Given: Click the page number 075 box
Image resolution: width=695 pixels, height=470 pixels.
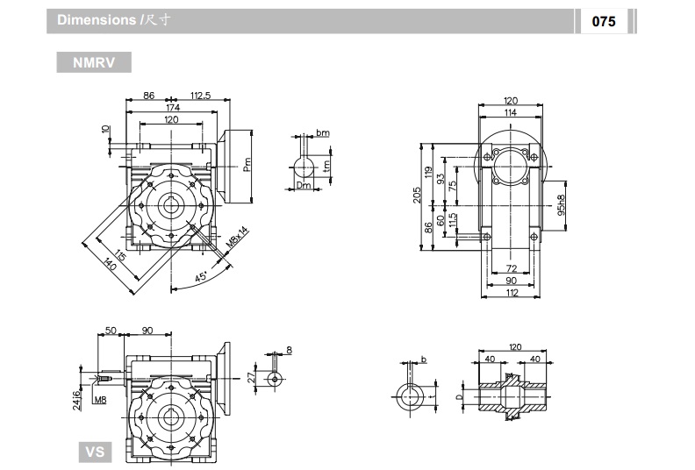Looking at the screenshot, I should coord(604,23).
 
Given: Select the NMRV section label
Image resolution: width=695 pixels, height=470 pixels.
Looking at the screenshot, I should coord(94,62).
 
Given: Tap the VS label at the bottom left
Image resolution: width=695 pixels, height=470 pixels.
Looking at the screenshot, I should coord(94,452).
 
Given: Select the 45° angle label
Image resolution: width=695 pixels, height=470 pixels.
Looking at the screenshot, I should coord(202,276).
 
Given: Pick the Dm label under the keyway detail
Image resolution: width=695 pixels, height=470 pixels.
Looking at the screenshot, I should coord(303,186).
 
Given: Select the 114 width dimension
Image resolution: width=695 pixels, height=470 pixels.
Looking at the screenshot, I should coord(510,112).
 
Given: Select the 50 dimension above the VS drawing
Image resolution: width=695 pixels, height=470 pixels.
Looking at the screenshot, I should coord(111,330).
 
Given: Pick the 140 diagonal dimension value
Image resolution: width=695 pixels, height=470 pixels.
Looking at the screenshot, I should coord(110,264).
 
